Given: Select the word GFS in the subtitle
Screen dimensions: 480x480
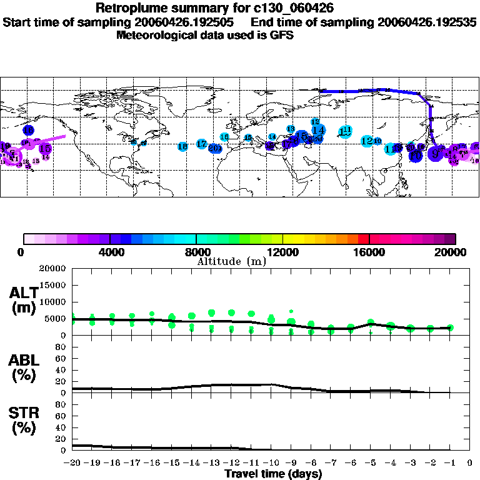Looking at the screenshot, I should tap(283, 35).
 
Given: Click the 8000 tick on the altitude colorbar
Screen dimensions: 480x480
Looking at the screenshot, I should tap(196, 252).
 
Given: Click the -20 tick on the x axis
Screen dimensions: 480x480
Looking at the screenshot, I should tap(73, 463).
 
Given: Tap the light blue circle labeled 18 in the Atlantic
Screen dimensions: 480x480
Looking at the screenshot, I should tap(182, 146).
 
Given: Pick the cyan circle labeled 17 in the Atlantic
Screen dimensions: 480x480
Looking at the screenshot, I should tap(201, 144).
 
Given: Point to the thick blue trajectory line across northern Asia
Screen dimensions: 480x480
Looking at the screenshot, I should tap(375, 91).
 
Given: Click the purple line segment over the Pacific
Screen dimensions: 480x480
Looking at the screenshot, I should tap(54, 138).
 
